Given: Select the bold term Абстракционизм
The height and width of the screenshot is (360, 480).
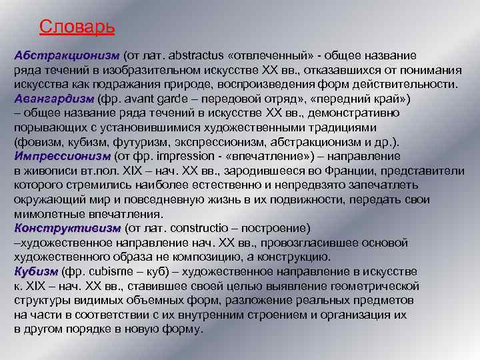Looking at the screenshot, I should (x=66, y=55).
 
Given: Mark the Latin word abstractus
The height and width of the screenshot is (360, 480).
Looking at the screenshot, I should (x=200, y=55).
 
